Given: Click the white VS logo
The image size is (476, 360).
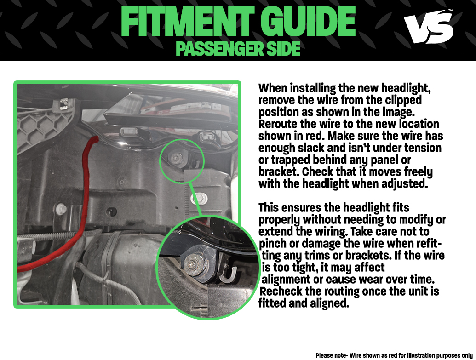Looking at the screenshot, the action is click(428, 27).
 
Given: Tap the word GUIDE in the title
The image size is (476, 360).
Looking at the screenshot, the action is click(308, 22).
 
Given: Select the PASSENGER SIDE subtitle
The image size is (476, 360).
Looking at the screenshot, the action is click(238, 49).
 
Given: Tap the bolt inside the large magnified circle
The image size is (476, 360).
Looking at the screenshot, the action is click(193, 264).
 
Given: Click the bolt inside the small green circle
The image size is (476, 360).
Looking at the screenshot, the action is click(177, 158).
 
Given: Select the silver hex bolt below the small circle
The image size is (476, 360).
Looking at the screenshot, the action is click(200, 199).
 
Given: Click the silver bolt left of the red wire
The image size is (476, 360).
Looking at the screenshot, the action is click(61, 209).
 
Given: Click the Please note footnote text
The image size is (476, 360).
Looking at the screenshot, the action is click(394, 355).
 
